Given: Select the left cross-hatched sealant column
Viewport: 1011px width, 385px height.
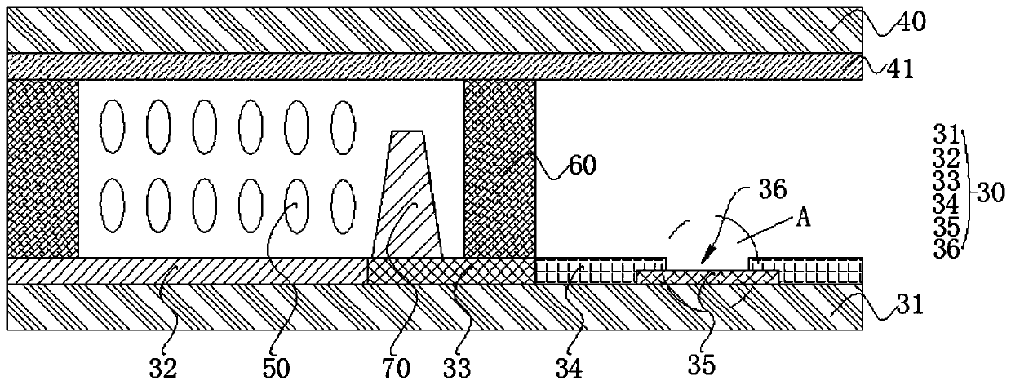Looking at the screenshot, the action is click(x=42, y=168).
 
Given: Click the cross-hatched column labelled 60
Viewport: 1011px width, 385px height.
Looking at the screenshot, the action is click(x=499, y=168).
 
